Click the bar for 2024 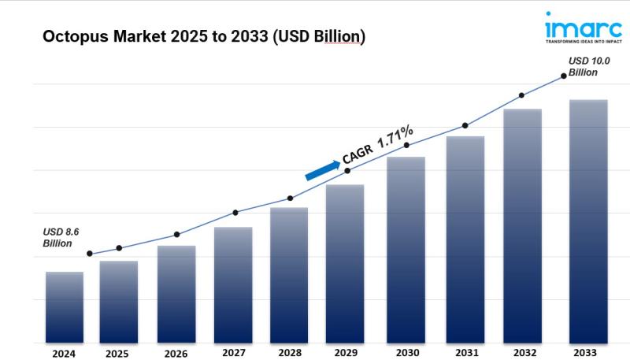[65, 307]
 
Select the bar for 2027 [233, 284]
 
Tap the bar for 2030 [406, 250]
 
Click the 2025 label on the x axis [117, 354]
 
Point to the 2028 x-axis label [289, 354]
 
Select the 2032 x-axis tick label [522, 354]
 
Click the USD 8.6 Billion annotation [61, 237]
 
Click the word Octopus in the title [69, 37]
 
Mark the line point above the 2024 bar [90, 254]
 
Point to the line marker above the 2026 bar [176, 235]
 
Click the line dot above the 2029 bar [347, 170]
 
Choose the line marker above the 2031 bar [465, 125]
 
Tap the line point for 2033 [563, 76]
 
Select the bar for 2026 [176, 294]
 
